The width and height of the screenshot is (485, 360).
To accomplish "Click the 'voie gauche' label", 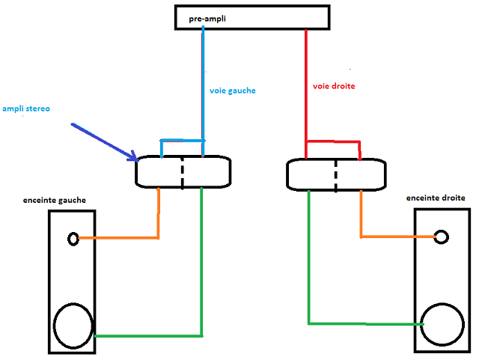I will tap(233, 91).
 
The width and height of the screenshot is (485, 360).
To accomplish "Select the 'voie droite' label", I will tap(334, 86).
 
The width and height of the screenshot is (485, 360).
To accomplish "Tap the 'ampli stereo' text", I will tap(25, 109).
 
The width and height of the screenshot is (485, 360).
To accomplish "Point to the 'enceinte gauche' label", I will tap(54, 200).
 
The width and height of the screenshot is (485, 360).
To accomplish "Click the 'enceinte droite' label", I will tap(436, 198).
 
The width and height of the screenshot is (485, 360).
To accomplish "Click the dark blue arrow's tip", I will tap(136, 159).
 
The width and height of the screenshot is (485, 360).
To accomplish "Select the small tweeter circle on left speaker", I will tap(73, 239).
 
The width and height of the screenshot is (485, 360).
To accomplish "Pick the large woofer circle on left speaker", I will tap(73, 326).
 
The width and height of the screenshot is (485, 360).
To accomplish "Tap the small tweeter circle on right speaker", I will tap(442, 237).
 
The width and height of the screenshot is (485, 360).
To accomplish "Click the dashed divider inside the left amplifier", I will tap(182, 172).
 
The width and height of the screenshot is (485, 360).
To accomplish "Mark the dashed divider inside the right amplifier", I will tap(335, 173).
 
